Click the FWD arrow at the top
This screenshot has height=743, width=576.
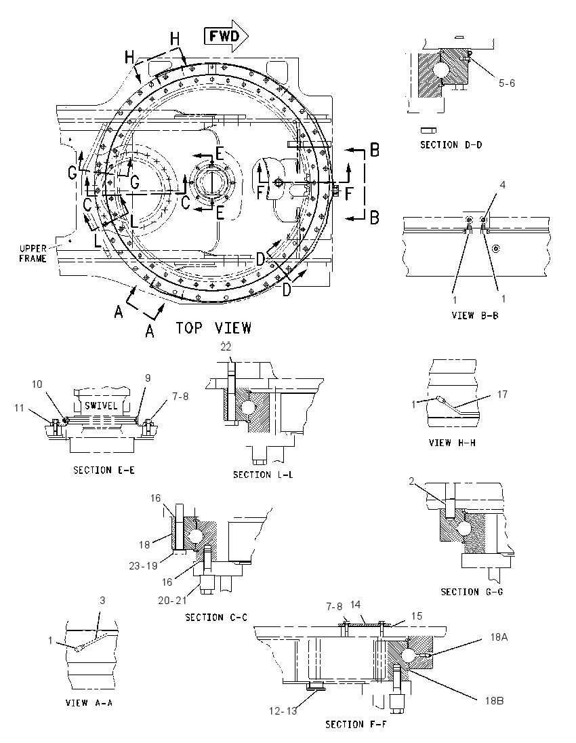[226, 35]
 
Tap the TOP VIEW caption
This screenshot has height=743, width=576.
[213, 327]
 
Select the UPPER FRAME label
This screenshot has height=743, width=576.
[33, 254]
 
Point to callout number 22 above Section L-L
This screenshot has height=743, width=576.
[226, 347]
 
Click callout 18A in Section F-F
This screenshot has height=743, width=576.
[498, 637]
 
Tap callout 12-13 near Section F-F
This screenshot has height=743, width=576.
[283, 710]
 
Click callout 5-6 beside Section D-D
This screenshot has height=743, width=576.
[506, 83]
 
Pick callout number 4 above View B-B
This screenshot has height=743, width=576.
[503, 185]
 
